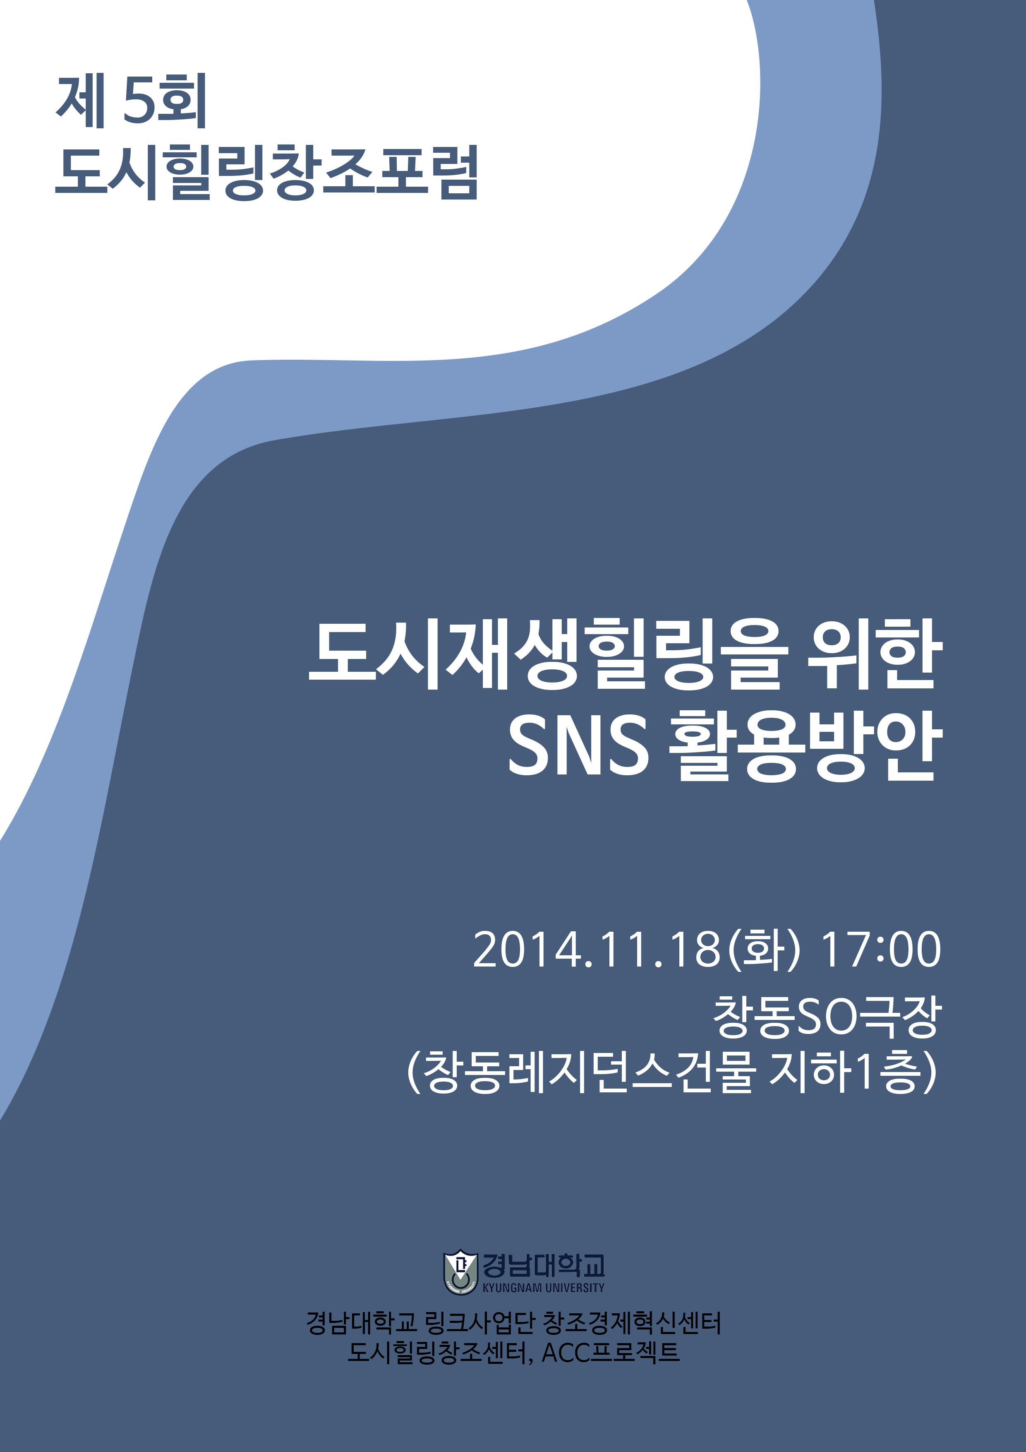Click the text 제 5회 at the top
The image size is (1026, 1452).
coord(132,101)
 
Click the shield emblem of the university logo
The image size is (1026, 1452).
coord(460,1272)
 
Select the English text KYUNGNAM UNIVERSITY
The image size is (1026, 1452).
coord(543,1288)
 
